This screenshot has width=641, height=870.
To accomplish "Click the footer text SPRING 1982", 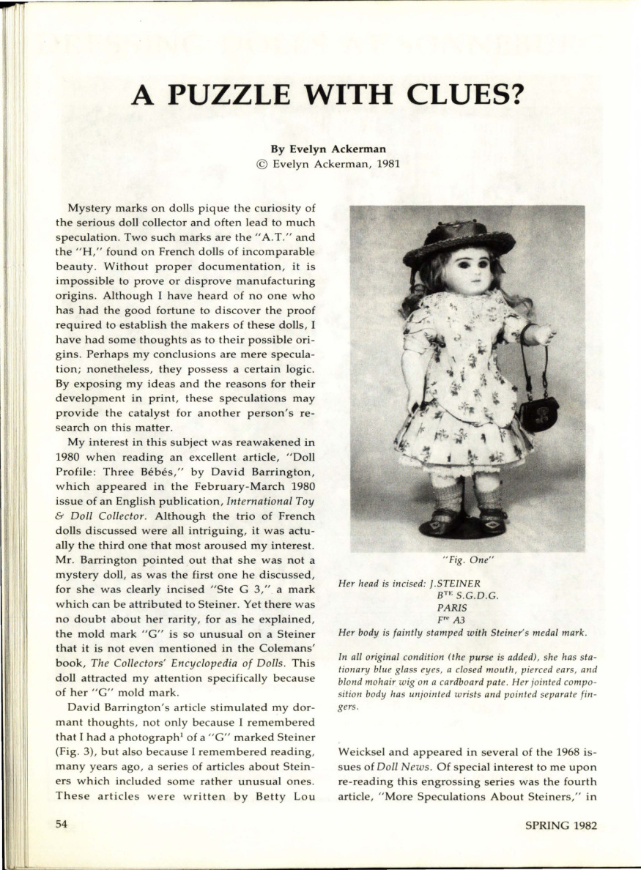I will [561, 825].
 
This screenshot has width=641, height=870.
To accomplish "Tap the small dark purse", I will [538, 413].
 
